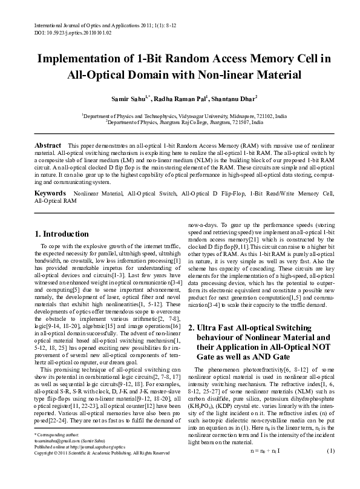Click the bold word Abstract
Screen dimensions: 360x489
(x=48, y=146)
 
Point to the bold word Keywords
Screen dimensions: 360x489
(x=50, y=192)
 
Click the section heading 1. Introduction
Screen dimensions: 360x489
(x=62, y=234)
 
